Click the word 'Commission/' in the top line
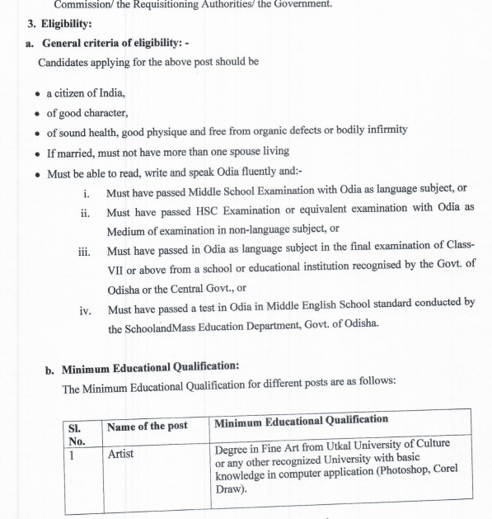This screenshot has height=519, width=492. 83,5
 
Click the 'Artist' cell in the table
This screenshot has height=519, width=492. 121,454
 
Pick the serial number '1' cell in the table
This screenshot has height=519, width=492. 72,453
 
